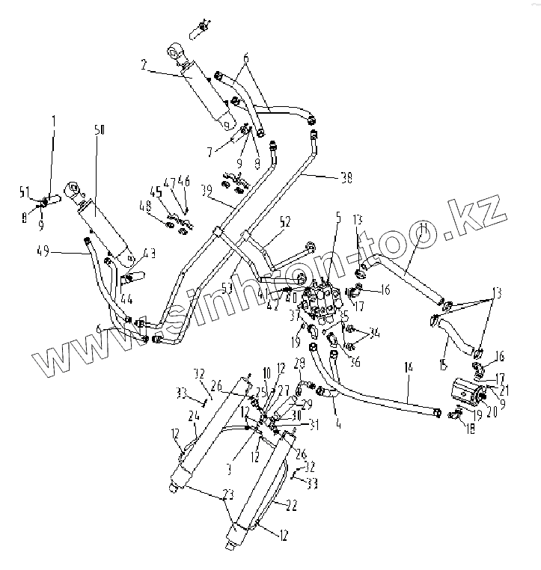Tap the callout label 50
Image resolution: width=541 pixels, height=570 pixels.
[x=100, y=130]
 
